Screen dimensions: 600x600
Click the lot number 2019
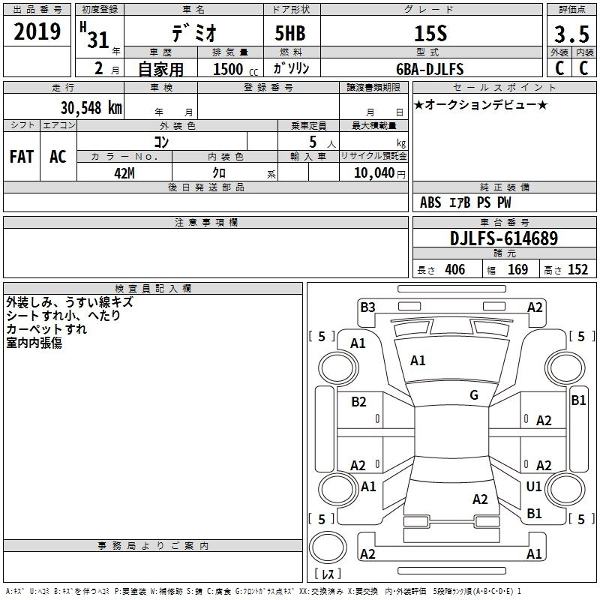pyautogui.click(x=37, y=31)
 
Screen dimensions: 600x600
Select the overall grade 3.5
pyautogui.click(x=571, y=34)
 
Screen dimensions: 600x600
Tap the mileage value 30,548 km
pyautogui.click(x=91, y=108)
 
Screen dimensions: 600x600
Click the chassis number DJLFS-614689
pyautogui.click(x=504, y=238)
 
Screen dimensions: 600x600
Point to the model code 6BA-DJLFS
pyautogui.click(x=430, y=69)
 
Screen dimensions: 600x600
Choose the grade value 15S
pyautogui.click(x=430, y=34)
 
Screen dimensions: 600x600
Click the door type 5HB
pyautogui.click(x=290, y=33)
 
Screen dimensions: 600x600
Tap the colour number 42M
pyautogui.click(x=124, y=173)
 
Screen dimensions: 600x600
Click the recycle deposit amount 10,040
pyautogui.click(x=374, y=173)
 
